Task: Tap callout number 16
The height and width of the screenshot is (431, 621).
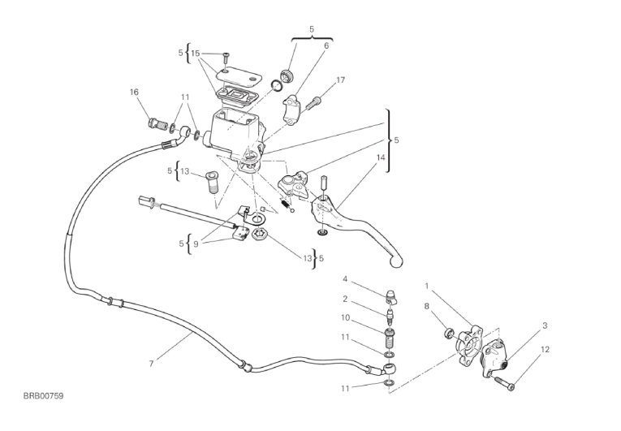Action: (x=135, y=92)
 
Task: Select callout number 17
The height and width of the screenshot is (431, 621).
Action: (x=340, y=80)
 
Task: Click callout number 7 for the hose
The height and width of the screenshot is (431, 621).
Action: (x=151, y=363)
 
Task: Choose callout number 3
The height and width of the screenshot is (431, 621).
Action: (x=545, y=325)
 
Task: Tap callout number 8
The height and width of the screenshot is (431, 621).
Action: (x=426, y=306)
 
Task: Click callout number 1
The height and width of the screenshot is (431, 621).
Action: (x=428, y=286)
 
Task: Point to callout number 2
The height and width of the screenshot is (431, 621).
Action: (x=344, y=298)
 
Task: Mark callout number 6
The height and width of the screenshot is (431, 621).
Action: (x=326, y=46)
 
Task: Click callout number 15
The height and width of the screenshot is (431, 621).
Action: (x=195, y=53)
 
